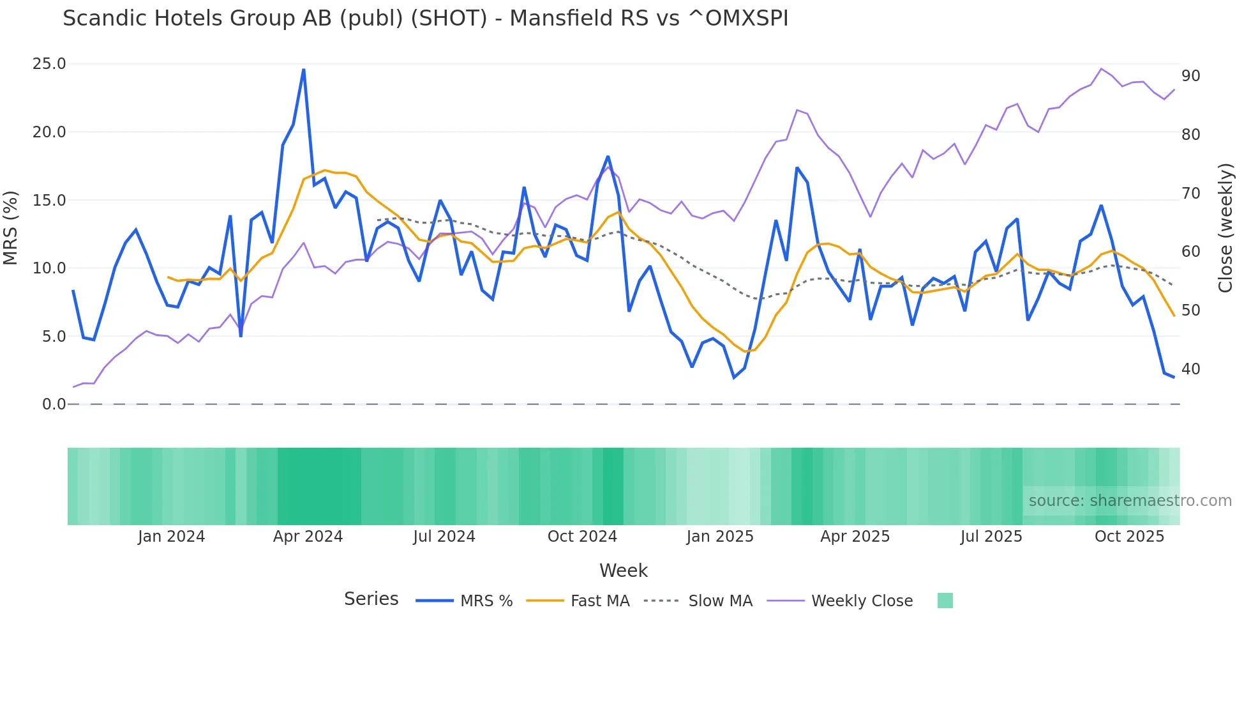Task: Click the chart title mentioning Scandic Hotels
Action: (x=425, y=19)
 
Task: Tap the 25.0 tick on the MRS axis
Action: (x=49, y=64)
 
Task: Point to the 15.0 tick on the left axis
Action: (x=49, y=201)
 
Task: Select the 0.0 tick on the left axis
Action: (x=54, y=404)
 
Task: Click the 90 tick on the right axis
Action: (x=1190, y=76)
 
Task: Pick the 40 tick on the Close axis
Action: (x=1190, y=369)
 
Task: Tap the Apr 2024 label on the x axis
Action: (x=308, y=537)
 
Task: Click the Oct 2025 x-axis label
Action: (x=1129, y=537)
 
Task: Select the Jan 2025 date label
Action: (x=720, y=537)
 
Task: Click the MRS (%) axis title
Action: (x=11, y=227)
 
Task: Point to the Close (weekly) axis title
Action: (x=1225, y=228)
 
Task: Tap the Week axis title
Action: (x=623, y=570)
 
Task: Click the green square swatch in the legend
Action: (x=945, y=601)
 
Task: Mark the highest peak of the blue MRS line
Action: (x=304, y=70)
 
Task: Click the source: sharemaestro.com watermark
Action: (x=1130, y=501)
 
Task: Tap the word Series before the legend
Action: (x=371, y=599)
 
